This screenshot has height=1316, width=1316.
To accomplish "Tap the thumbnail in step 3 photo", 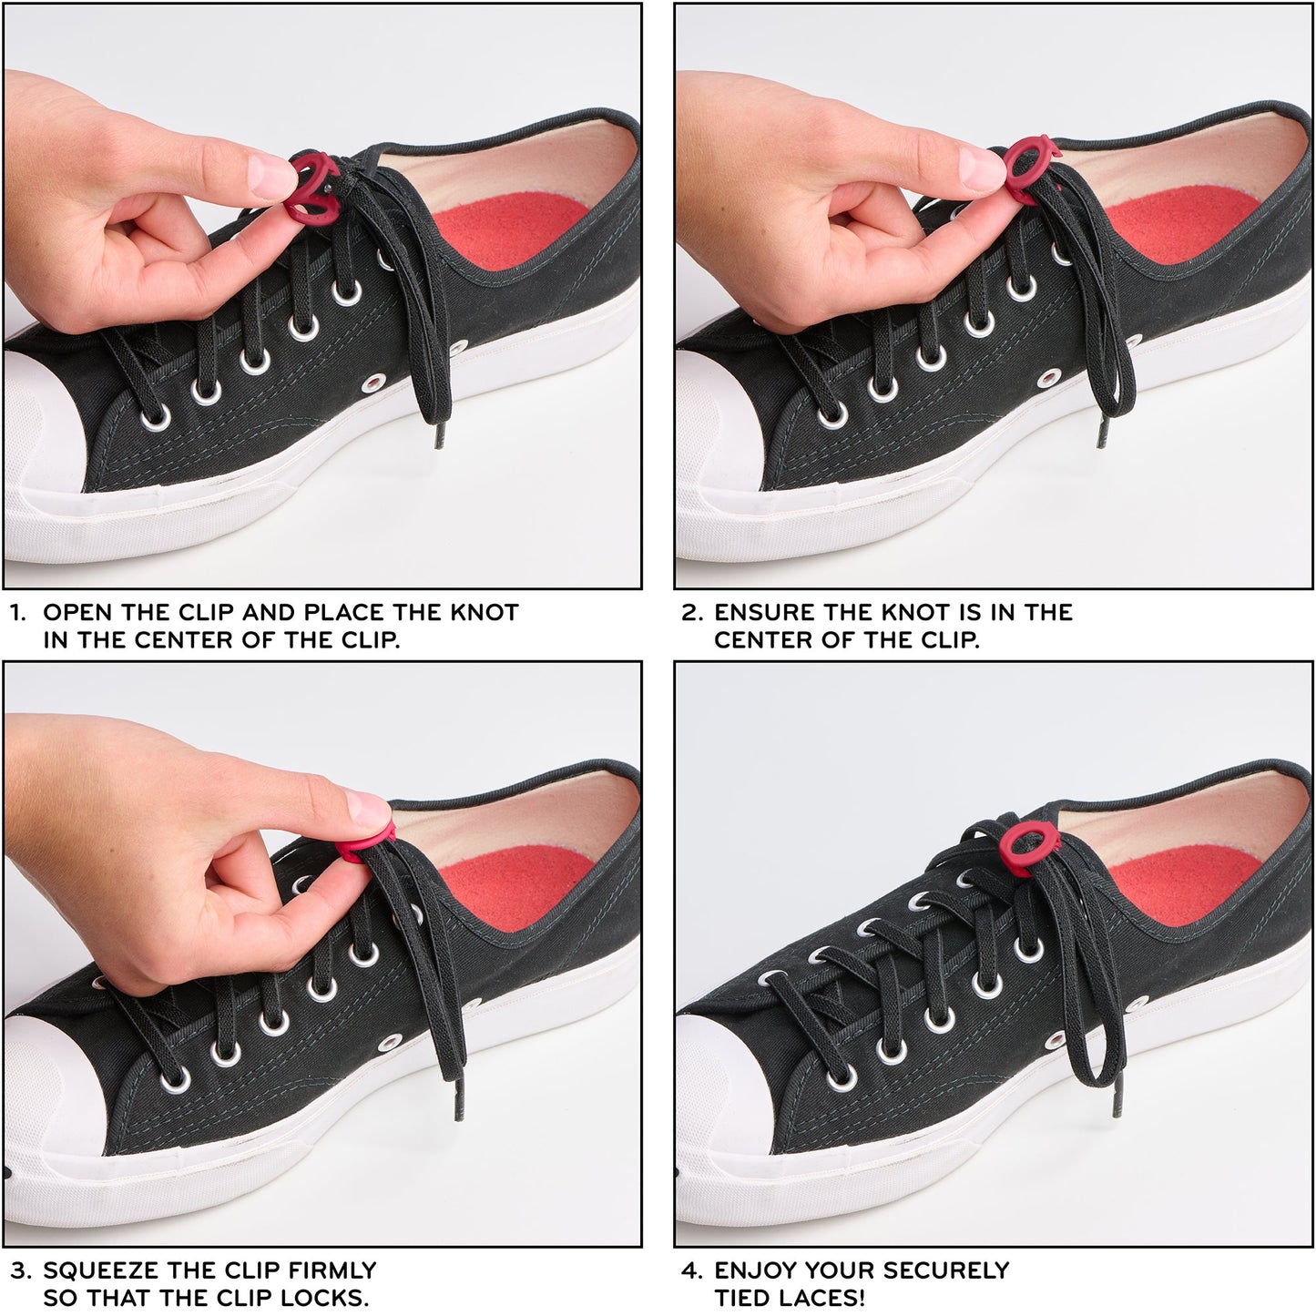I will click(x=364, y=805).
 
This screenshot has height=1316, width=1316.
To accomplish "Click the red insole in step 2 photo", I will click(x=1184, y=228).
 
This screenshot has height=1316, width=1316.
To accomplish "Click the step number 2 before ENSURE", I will click(x=689, y=613).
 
